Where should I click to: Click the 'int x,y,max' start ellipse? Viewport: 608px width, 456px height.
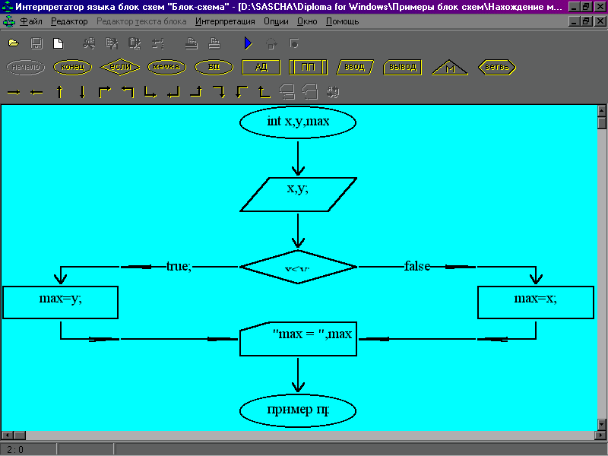pyautogui.click(x=298, y=122)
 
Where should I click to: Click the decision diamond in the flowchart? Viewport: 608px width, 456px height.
pyautogui.click(x=298, y=267)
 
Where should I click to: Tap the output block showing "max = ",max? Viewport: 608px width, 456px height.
pyautogui.click(x=298, y=339)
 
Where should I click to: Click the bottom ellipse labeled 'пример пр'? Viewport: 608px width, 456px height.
pyautogui.click(x=298, y=411)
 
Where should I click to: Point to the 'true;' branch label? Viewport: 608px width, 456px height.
pyautogui.click(x=179, y=266)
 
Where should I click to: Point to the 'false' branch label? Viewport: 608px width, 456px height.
pyautogui.click(x=417, y=266)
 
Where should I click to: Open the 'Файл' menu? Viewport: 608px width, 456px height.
pyautogui.click(x=30, y=21)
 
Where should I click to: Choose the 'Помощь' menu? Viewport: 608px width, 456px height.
pyautogui.click(x=343, y=21)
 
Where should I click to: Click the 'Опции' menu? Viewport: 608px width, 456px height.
pyautogui.click(x=276, y=21)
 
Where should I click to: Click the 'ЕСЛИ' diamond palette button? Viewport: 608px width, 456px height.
pyautogui.click(x=120, y=67)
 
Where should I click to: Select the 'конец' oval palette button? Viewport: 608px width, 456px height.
pyautogui.click(x=73, y=67)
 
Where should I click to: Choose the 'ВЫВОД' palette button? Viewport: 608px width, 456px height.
pyautogui.click(x=402, y=67)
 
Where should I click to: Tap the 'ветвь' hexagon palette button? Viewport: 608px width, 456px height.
pyautogui.click(x=497, y=67)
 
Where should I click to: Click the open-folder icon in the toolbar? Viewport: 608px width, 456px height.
pyautogui.click(x=14, y=43)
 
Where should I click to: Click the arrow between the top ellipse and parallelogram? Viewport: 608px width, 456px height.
pyautogui.click(x=298, y=157)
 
